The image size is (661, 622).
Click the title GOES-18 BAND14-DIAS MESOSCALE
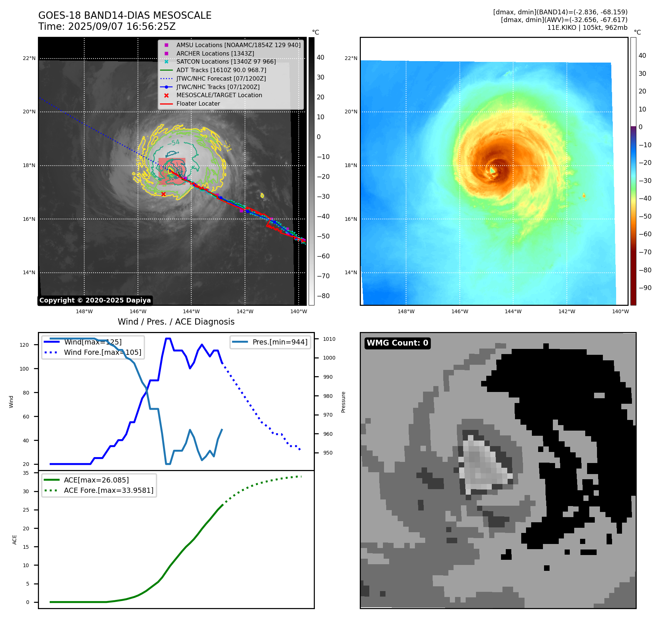tap(125, 15)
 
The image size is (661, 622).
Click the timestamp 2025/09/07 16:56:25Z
tap(122, 26)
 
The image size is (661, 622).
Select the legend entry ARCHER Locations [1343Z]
tap(215, 53)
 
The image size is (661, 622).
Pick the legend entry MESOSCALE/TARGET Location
tap(219, 95)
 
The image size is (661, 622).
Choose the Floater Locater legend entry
tap(198, 103)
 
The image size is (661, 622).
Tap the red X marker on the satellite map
tap(163, 194)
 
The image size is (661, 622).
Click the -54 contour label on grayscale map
tap(173, 143)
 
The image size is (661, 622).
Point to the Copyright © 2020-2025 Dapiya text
tap(95, 300)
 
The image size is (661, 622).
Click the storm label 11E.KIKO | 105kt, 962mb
tap(587, 28)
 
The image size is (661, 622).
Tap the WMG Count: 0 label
tap(397, 343)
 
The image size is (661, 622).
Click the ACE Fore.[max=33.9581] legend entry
tap(109, 490)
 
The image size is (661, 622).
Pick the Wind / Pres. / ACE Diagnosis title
tap(176, 322)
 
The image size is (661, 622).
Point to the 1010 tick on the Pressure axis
tap(329, 339)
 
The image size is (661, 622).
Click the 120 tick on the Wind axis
tap(24, 345)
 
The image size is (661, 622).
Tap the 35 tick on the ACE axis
tap(26, 473)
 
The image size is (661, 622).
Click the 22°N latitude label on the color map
tap(351, 58)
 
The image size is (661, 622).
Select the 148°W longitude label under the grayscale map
tap(84, 311)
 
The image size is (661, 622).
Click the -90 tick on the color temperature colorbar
tap(645, 288)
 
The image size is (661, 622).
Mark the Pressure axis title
tap(343, 402)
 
